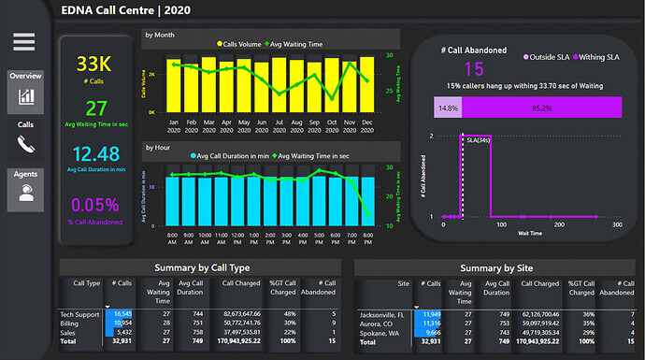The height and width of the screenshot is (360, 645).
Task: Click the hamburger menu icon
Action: click(x=24, y=42)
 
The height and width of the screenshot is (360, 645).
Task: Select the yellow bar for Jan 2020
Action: click(x=174, y=86)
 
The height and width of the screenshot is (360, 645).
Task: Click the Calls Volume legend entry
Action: click(x=246, y=44)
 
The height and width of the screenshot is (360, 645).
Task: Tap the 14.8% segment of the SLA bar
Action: click(x=447, y=108)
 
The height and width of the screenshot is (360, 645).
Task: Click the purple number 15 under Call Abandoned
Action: click(x=474, y=68)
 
